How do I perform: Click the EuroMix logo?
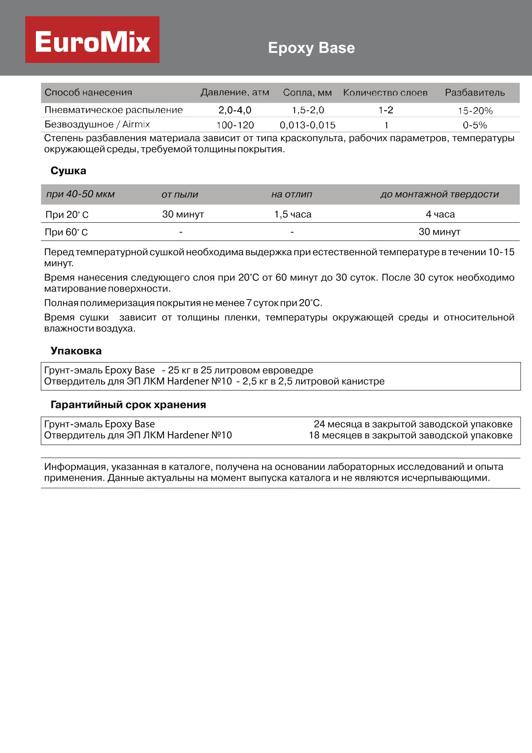click(x=92, y=40)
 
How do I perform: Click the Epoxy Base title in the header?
click(x=311, y=48)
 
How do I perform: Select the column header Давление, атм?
click(x=235, y=92)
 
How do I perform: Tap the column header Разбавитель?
click(x=475, y=92)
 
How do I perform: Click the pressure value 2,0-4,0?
click(x=235, y=110)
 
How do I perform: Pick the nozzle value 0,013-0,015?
click(x=307, y=125)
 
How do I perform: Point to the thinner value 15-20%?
click(x=475, y=110)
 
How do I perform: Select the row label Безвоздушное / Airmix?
click(x=97, y=125)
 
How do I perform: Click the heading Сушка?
click(x=68, y=171)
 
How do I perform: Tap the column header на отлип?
click(x=292, y=194)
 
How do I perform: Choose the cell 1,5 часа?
click(x=293, y=214)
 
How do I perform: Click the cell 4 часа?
click(x=440, y=214)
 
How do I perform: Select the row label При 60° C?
click(x=66, y=232)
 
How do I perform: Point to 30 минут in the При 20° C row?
click(x=183, y=214)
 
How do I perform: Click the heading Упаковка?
click(x=76, y=351)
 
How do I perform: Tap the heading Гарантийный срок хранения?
click(x=128, y=405)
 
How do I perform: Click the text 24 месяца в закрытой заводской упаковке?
click(x=413, y=424)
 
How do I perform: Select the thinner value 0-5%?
click(x=475, y=125)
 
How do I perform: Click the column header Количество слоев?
click(x=385, y=92)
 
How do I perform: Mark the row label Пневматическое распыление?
click(x=113, y=110)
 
